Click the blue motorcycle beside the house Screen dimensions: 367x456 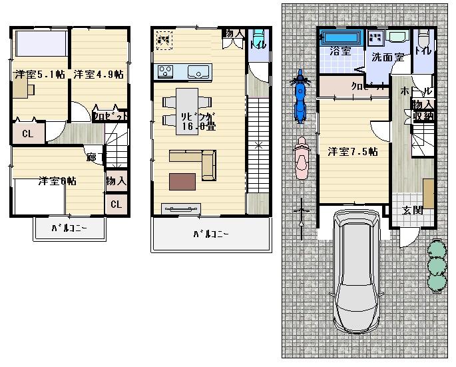(x=300, y=97)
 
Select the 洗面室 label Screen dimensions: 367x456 (x=387, y=57)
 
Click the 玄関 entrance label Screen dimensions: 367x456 (x=412, y=210)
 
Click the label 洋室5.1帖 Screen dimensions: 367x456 (x=37, y=74)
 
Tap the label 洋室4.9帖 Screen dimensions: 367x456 (x=98, y=74)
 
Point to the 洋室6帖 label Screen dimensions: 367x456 (x=56, y=181)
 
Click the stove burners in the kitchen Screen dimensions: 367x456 (x=165, y=71)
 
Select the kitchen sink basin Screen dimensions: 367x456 (x=198, y=71)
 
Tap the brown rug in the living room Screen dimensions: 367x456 (x=182, y=181)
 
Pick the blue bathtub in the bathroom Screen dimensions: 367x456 (x=340, y=37)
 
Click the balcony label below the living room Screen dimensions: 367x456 (x=211, y=234)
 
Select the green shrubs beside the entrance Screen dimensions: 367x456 (x=436, y=264)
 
